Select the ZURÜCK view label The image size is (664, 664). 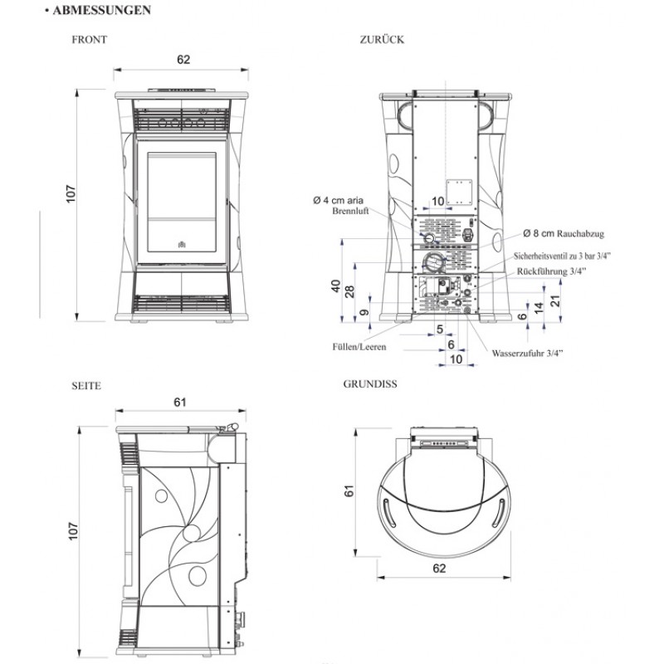click(x=383, y=40)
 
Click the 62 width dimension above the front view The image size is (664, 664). click(x=183, y=60)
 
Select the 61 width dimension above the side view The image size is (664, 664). click(x=180, y=402)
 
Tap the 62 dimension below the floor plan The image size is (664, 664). click(x=440, y=569)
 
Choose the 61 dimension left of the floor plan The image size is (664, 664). click(x=349, y=491)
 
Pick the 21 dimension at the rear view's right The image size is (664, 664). click(x=567, y=300)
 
